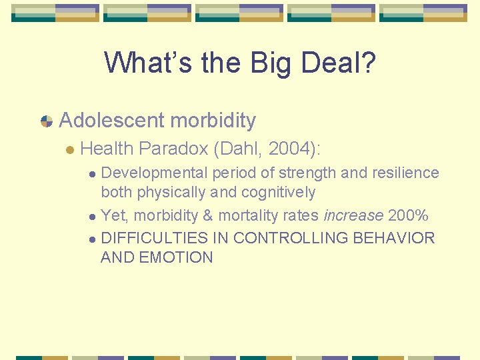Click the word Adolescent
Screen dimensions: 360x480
(111, 121)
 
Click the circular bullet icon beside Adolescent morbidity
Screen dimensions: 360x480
(47, 121)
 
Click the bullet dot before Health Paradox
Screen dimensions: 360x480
(69, 149)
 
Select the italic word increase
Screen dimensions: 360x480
(352, 215)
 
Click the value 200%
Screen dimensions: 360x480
(407, 215)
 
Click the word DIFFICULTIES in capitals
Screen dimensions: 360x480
(155, 238)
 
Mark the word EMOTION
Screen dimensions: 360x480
(175, 257)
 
